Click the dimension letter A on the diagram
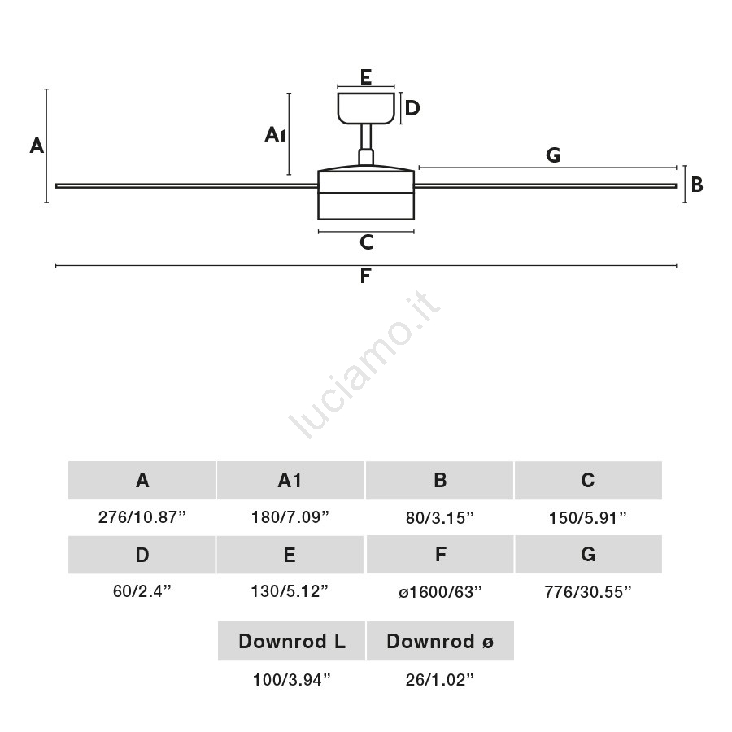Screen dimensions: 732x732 coord(37,146)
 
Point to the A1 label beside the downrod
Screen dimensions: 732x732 coord(275,135)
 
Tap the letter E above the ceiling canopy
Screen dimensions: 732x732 coord(366,77)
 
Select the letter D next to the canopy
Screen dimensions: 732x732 coord(412,108)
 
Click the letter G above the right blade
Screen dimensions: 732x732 coord(553,155)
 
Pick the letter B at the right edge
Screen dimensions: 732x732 coord(697,185)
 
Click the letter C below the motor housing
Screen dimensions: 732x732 coord(367,242)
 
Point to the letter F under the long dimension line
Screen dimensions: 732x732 coord(365,276)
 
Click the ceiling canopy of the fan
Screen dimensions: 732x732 coord(366,108)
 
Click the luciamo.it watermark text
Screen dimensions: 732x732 coord(364,365)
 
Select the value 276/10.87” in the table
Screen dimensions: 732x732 coord(142,517)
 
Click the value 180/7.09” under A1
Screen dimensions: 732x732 coord(290,517)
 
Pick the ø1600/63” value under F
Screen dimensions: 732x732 coord(440,592)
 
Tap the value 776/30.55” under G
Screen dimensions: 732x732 coord(588,592)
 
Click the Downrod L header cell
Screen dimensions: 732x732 coord(291,641)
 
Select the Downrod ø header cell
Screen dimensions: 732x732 coord(440,641)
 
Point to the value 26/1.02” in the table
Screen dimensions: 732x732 coord(440,680)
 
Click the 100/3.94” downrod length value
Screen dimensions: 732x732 coord(291,680)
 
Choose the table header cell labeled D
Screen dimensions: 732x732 coord(142,555)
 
